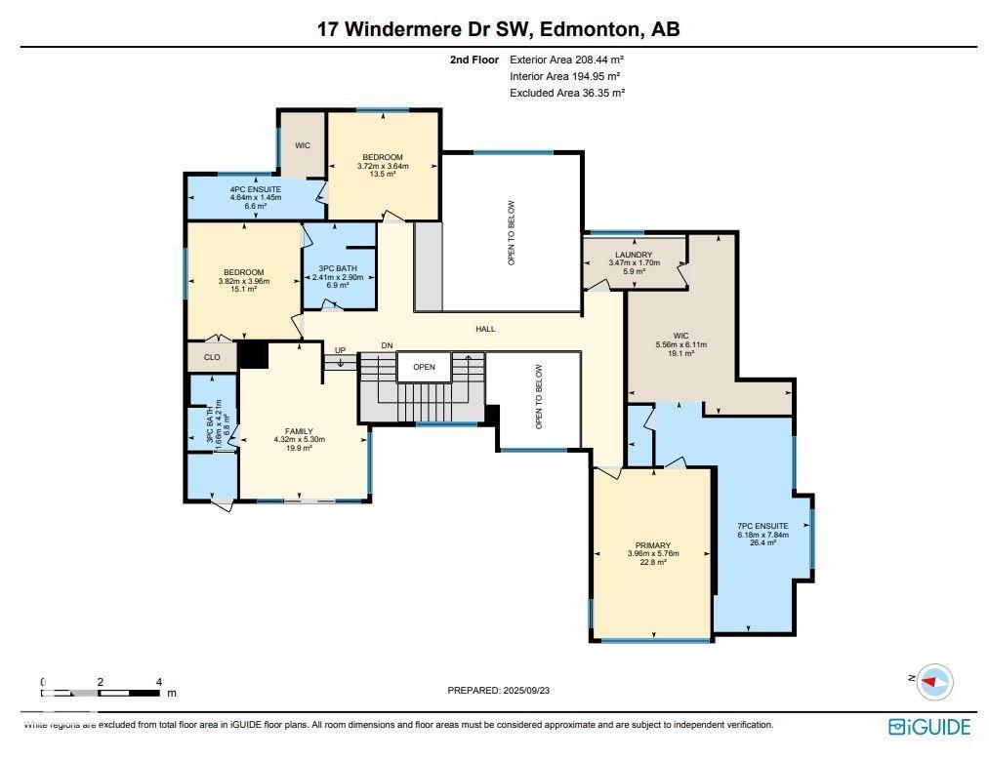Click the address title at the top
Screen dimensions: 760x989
click(498, 29)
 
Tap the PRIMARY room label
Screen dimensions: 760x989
click(652, 546)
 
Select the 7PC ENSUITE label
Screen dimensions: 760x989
click(762, 527)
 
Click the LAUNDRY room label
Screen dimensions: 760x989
click(634, 255)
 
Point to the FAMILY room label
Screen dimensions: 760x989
click(299, 431)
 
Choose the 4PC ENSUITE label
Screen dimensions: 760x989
click(255, 189)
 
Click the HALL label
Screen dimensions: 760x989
click(485, 329)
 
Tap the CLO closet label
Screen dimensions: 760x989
click(212, 357)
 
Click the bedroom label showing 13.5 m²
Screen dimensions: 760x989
click(382, 157)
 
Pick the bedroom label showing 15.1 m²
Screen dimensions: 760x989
click(243, 272)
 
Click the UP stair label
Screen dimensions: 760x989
click(340, 350)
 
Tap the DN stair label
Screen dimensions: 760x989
click(387, 345)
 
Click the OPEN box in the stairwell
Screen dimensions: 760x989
click(423, 368)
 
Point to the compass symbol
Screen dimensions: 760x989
click(934, 682)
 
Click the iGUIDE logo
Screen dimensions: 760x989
click(928, 727)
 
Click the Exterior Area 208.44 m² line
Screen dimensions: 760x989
click(565, 60)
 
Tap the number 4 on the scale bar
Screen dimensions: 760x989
click(158, 682)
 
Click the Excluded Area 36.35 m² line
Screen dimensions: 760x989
click(566, 93)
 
